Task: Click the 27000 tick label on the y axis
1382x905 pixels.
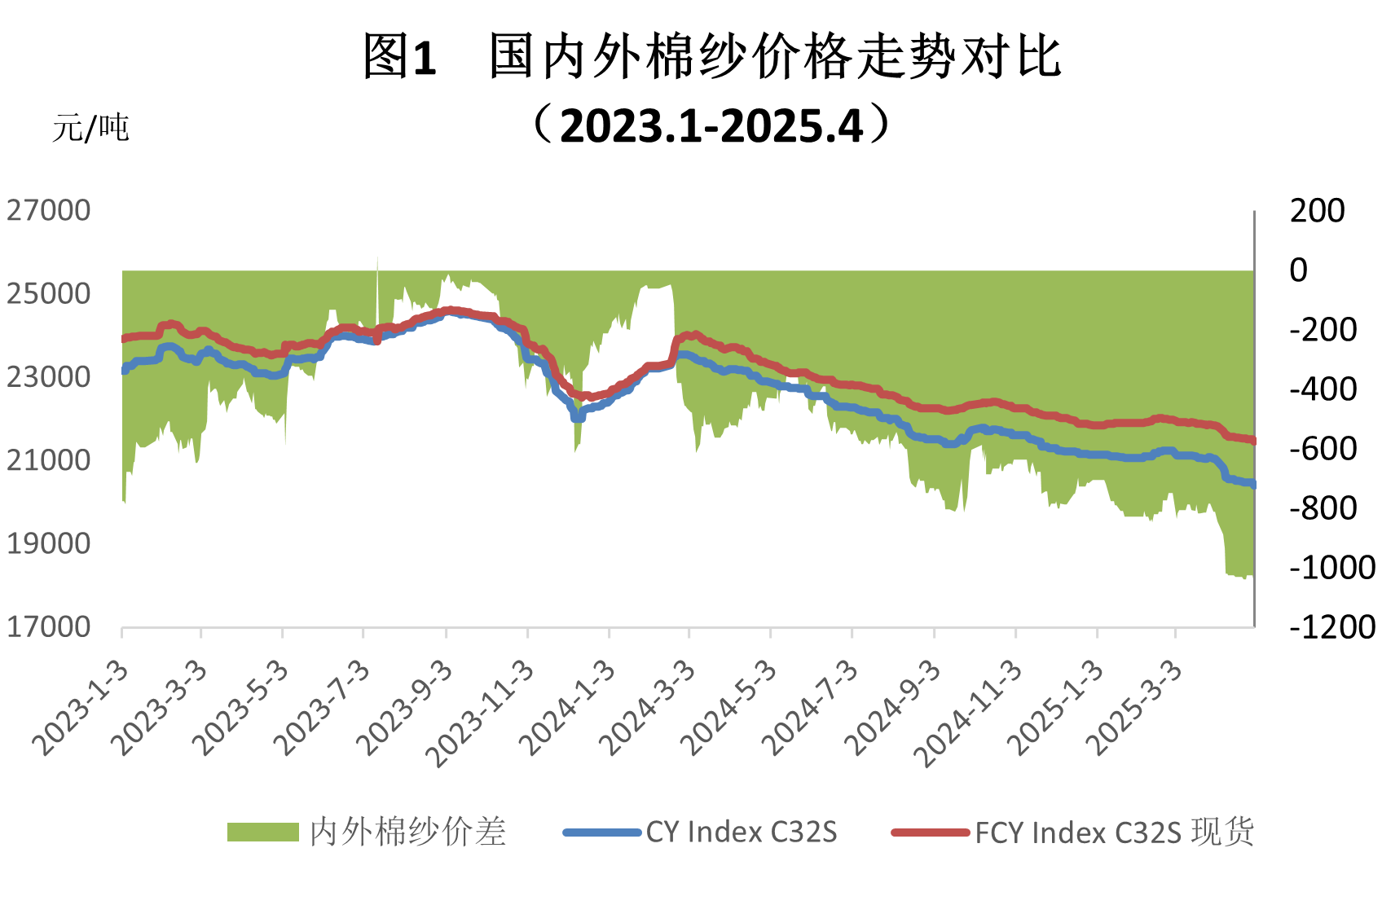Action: pos(49,211)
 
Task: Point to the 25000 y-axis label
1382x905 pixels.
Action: pos(49,294)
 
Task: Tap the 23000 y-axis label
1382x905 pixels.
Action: pos(49,377)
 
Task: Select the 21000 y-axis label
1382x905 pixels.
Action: pos(49,461)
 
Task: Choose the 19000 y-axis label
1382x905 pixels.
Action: pos(49,544)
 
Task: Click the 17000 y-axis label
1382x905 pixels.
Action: pos(49,627)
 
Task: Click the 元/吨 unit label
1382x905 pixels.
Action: pos(91,129)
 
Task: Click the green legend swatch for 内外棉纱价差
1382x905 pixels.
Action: pos(262,832)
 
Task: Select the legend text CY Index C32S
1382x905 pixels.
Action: pos(742,833)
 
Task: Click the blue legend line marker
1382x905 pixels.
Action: pos(602,833)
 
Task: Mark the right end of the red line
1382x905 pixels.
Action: pos(1252,441)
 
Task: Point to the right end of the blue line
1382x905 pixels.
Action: pos(1252,485)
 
